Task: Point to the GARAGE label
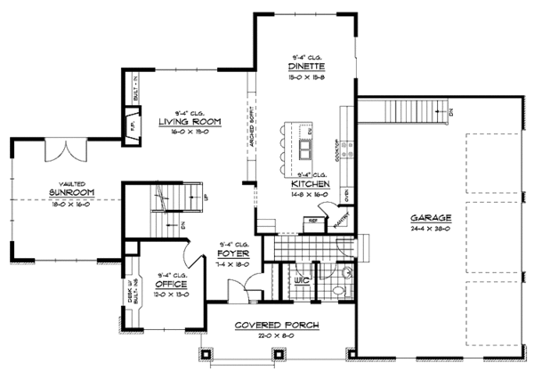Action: [x=430, y=218]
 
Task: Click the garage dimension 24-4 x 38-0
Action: [x=430, y=229]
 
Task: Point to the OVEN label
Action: [x=346, y=190]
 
